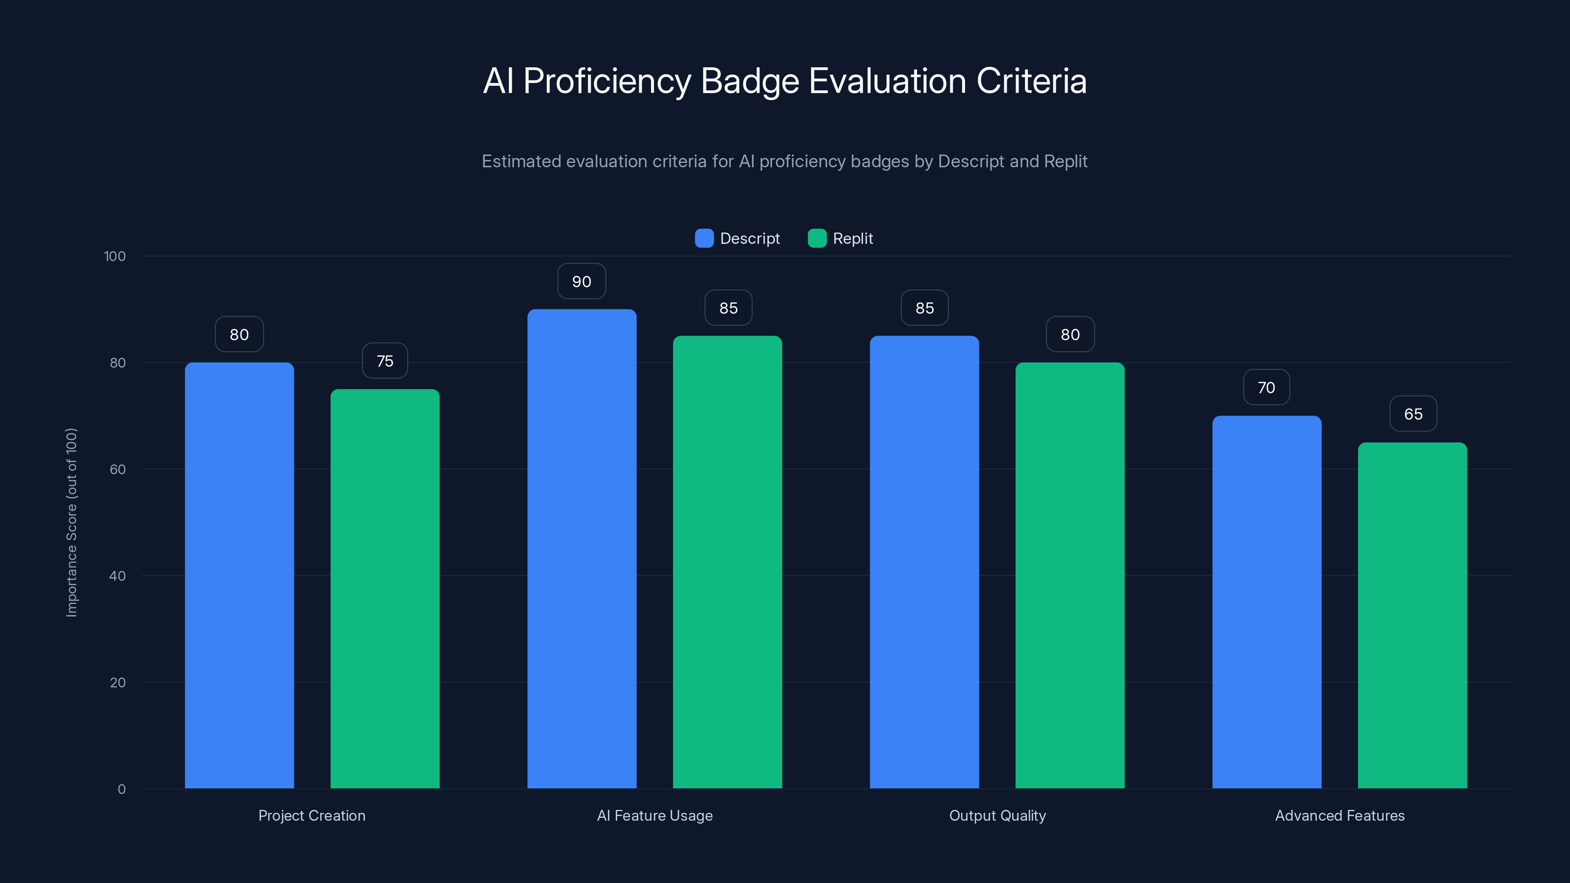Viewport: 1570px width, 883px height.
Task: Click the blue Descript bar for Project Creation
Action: [239, 575]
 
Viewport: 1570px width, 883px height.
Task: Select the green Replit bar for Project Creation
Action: [385, 589]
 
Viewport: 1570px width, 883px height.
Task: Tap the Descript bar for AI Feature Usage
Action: [581, 548]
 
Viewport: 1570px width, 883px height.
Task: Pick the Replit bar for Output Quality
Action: [1070, 575]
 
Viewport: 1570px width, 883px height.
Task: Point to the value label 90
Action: [581, 282]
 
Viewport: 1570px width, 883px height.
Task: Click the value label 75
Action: [385, 362]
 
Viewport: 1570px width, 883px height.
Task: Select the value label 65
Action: [1413, 415]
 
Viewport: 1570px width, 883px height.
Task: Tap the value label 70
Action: [1266, 388]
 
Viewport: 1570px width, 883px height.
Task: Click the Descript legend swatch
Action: [704, 238]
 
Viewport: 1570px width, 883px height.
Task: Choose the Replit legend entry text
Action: [853, 238]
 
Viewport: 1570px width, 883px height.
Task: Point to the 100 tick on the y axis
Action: [115, 257]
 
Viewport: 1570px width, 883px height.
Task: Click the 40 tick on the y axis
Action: [117, 576]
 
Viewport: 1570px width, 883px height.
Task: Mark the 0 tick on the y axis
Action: [121, 789]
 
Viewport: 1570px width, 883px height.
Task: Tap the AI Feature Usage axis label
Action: [654, 815]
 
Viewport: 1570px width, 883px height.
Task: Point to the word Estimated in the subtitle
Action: [521, 161]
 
